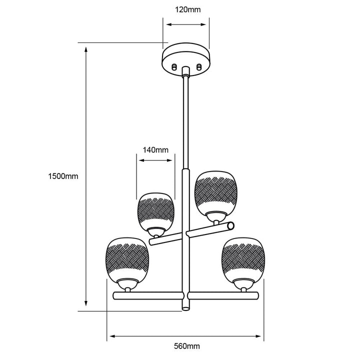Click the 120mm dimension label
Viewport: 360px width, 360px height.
(x=188, y=9)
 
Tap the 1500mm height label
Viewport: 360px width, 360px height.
(x=63, y=176)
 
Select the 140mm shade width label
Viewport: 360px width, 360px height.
(x=155, y=150)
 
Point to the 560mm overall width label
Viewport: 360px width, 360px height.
(x=187, y=346)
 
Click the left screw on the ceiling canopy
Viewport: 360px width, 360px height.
(x=174, y=67)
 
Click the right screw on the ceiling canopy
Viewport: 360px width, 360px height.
(x=199, y=67)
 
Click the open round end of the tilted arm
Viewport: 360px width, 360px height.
(x=230, y=225)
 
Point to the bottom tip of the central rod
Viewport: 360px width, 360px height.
(x=185, y=310)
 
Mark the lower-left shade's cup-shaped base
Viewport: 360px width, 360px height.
(x=127, y=284)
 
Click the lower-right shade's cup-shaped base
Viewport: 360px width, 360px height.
(x=243, y=284)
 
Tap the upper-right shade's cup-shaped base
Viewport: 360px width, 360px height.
(x=216, y=216)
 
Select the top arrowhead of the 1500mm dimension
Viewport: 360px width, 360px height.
(x=86, y=50)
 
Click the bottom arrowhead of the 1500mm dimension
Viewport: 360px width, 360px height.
(x=86, y=303)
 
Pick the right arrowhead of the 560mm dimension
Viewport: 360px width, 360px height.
(x=258, y=336)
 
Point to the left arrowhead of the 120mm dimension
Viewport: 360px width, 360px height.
(x=169, y=24)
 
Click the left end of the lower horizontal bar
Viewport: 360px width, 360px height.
(x=114, y=295)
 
